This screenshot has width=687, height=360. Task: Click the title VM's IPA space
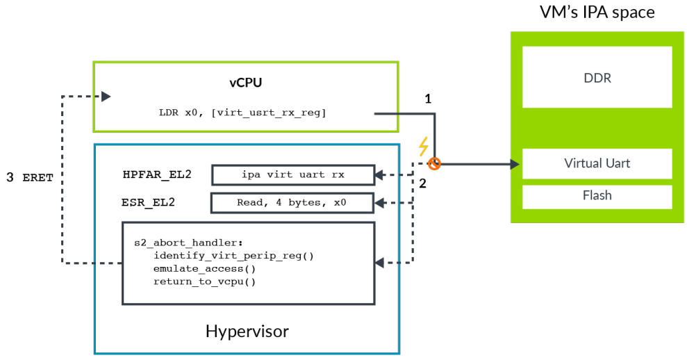597,12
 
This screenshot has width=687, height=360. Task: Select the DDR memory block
597,77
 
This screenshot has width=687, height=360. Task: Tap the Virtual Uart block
597,164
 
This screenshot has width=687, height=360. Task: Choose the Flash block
597,195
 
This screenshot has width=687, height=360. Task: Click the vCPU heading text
246,83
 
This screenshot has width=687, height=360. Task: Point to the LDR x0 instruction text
244,113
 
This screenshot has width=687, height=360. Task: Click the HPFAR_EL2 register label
157,174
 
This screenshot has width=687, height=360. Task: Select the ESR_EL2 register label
148,203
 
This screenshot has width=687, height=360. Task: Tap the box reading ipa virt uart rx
292,174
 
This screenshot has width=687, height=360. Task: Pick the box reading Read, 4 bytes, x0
292,203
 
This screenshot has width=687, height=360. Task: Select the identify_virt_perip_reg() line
233,255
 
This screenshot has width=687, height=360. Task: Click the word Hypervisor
247,331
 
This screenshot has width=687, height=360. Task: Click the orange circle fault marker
435,164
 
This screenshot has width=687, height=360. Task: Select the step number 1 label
428,99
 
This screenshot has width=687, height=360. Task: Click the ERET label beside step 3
38,178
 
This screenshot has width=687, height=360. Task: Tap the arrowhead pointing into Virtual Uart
515,164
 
